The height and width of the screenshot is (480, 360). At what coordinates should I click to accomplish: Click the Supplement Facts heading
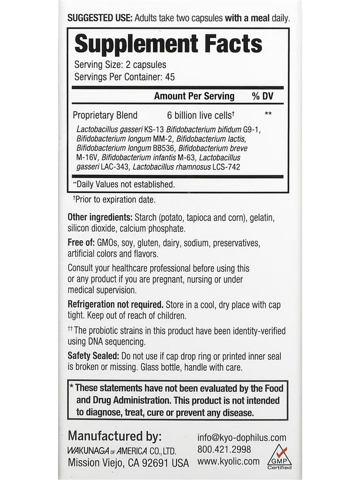[168, 44]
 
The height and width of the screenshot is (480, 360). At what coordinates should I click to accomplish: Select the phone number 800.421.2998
[224, 450]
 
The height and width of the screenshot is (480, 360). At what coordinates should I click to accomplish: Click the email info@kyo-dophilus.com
[241, 438]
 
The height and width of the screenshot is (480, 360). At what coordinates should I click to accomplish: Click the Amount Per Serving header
[194, 96]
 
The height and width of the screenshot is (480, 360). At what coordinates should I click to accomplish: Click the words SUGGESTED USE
[100, 19]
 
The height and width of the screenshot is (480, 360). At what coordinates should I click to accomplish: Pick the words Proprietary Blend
[105, 115]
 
